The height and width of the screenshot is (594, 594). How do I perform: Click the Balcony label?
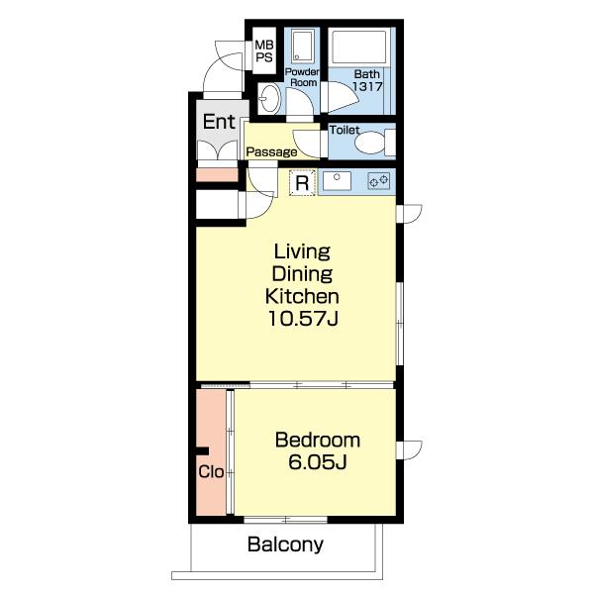[286, 544]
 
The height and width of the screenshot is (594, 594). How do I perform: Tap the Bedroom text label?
[318, 440]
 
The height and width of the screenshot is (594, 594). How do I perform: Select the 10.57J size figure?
[303, 319]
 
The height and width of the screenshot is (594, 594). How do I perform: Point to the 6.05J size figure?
[318, 461]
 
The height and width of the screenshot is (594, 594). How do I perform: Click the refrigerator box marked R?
[302, 183]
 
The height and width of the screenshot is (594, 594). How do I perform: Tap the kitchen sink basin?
[337, 181]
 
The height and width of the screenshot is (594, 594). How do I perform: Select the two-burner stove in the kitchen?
[379, 181]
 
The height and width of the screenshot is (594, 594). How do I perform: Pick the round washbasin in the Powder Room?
[270, 99]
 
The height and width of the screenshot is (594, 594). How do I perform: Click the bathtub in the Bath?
[358, 47]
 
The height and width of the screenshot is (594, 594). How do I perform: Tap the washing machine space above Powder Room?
[302, 47]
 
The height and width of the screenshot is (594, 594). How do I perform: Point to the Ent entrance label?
[219, 122]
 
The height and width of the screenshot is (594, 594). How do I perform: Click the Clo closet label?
[211, 472]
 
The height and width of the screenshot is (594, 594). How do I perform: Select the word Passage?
[271, 152]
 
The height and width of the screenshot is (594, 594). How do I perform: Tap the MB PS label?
[264, 51]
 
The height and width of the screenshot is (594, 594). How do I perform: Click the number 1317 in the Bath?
[367, 86]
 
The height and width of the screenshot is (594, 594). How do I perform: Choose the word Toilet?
[345, 130]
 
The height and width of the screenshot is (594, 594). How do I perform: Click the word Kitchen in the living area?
[302, 297]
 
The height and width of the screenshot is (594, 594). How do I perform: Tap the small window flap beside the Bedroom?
[410, 450]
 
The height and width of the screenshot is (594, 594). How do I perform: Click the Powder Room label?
[302, 77]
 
